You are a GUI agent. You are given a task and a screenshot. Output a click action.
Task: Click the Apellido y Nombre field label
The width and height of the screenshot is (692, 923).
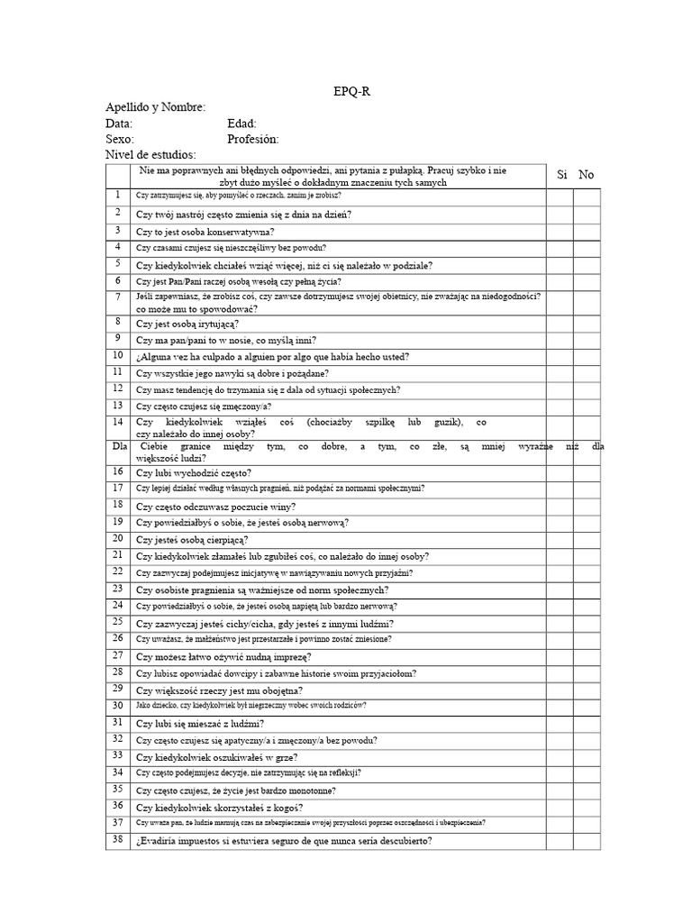(x=155, y=107)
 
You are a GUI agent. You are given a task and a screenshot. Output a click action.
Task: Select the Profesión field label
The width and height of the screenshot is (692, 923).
(x=253, y=139)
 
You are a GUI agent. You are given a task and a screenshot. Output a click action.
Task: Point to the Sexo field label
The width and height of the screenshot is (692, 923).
(x=120, y=139)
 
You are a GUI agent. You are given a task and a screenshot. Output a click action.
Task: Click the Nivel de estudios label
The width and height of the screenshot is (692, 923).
(x=150, y=155)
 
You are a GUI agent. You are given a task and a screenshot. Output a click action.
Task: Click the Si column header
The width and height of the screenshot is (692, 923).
(x=561, y=175)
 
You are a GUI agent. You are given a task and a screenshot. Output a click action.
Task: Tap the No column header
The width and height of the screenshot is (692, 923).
(x=587, y=175)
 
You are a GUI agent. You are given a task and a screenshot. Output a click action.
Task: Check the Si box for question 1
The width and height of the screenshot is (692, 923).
(x=560, y=196)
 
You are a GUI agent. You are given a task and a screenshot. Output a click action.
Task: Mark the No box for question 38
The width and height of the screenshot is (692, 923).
(x=587, y=841)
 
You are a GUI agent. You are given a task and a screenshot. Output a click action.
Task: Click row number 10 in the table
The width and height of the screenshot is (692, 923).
(x=117, y=355)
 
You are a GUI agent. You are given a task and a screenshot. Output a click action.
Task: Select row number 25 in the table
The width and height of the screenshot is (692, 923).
(x=117, y=622)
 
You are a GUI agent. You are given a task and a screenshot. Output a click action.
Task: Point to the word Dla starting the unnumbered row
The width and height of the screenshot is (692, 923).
(x=120, y=445)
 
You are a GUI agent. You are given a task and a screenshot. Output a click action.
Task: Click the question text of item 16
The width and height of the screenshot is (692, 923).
(x=194, y=472)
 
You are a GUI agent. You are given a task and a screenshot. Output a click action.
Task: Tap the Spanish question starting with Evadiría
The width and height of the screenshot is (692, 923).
(x=284, y=841)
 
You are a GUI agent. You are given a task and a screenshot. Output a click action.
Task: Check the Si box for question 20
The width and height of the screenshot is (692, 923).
(x=560, y=539)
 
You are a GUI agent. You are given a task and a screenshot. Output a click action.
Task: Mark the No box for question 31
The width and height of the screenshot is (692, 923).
(x=587, y=723)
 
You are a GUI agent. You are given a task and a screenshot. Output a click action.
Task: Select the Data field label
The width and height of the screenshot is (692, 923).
(x=119, y=123)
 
